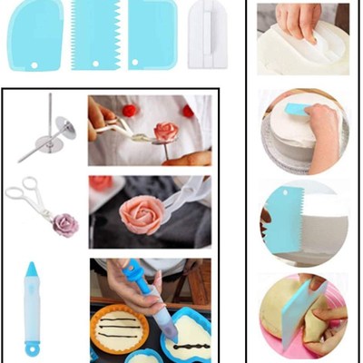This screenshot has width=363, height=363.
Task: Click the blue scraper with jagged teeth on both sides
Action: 95,34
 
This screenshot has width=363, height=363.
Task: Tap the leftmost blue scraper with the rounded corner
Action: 34,34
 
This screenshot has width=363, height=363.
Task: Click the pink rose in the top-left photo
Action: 165,132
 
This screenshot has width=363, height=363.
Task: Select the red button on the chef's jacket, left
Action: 129,110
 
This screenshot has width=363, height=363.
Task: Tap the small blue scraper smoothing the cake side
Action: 299,109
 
